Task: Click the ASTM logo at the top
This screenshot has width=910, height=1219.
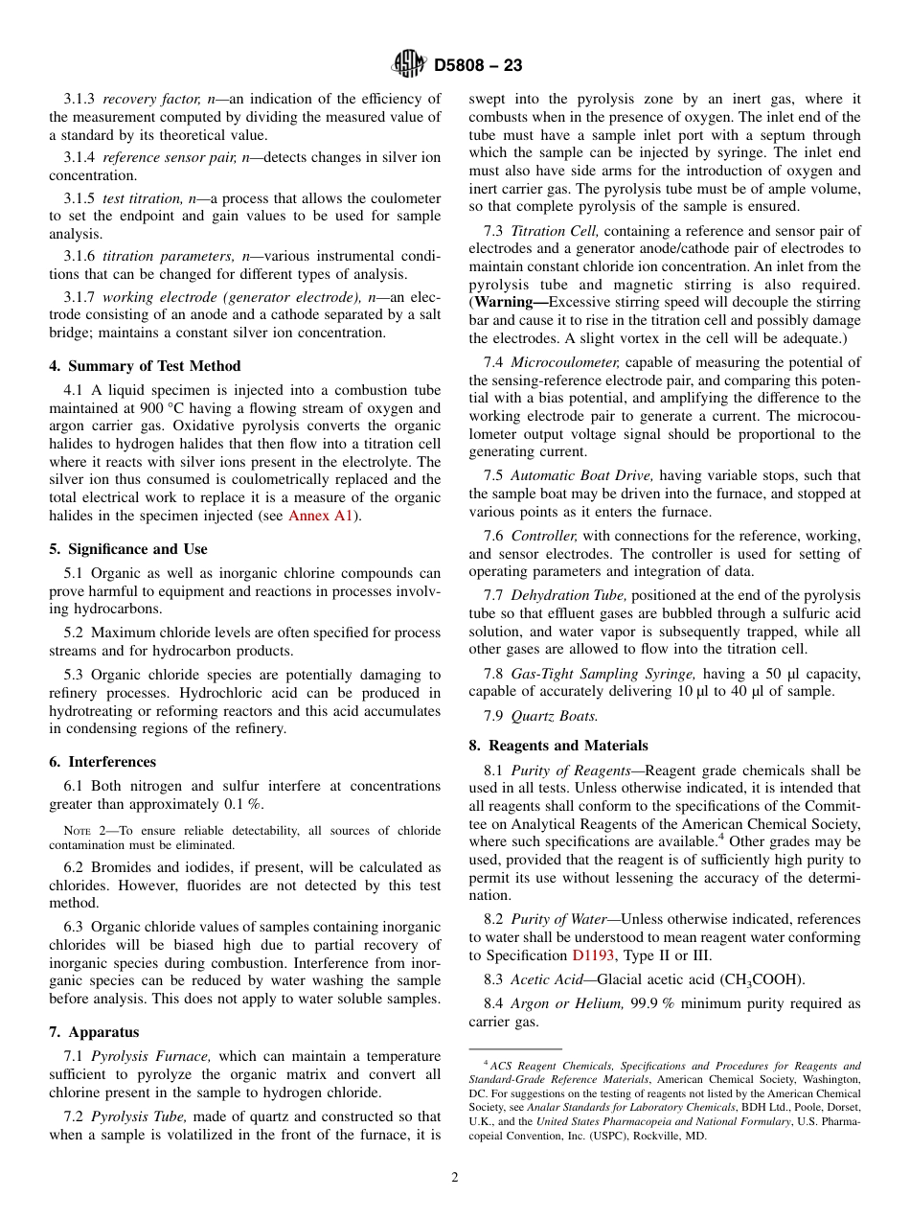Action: pyautogui.click(x=409, y=65)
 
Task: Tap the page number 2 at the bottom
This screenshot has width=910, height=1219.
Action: pyautogui.click(x=455, y=1178)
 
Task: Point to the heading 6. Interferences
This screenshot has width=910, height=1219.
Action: pyautogui.click(x=102, y=762)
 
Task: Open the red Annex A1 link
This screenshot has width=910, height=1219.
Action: pyautogui.click(x=321, y=516)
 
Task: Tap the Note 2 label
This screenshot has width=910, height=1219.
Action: pyautogui.click(x=83, y=831)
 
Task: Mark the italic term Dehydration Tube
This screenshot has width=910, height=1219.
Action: pyautogui.click(x=564, y=596)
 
